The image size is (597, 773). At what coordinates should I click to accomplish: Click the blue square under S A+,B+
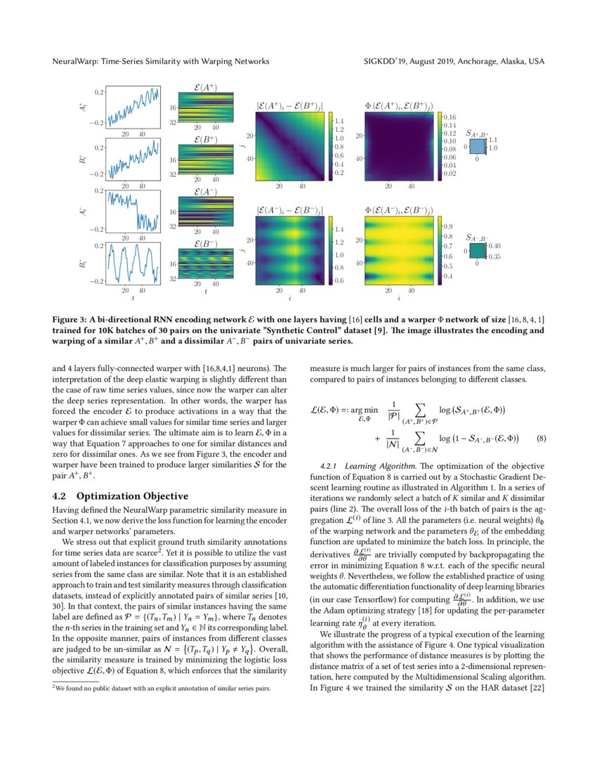[478, 147]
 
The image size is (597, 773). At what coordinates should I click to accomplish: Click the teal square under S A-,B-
[478, 250]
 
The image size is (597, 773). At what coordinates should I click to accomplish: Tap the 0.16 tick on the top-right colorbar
[450, 117]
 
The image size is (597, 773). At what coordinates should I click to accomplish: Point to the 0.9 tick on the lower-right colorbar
[447, 226]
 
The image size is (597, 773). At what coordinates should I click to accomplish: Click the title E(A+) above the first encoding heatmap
[204, 88]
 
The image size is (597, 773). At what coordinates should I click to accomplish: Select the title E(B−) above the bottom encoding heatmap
[204, 244]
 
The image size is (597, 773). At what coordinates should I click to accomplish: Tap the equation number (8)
[541, 439]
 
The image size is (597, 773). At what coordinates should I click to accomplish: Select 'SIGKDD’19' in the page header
[388, 62]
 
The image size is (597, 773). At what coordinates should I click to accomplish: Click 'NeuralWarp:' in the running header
[77, 62]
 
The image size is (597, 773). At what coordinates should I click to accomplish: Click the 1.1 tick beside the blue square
[493, 140]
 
